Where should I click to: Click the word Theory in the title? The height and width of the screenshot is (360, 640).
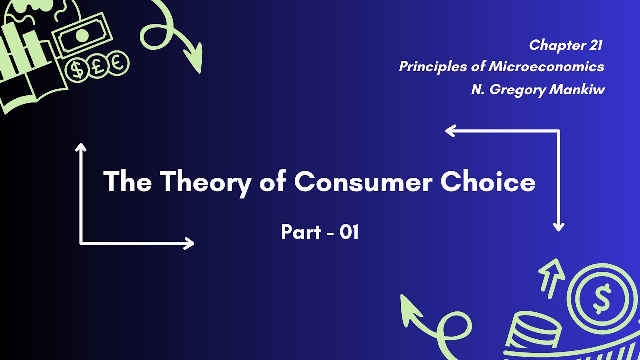pos(204,182)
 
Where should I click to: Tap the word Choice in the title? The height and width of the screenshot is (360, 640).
pos(488,182)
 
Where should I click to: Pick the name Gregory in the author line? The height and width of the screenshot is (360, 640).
pos(518,90)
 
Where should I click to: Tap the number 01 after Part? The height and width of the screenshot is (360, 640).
pos(349,232)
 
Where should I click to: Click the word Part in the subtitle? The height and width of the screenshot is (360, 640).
pos(301,232)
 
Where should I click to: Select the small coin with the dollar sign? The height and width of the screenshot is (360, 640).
pos(77,69)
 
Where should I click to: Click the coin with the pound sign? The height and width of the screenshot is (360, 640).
pos(98,66)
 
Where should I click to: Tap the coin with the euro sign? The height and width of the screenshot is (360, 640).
pos(118,63)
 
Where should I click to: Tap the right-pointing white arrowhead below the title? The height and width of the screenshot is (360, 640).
pos(190,243)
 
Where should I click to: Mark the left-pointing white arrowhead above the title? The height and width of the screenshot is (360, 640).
pos(450,131)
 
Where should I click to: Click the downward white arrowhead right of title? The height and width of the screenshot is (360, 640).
pos(558,227)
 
